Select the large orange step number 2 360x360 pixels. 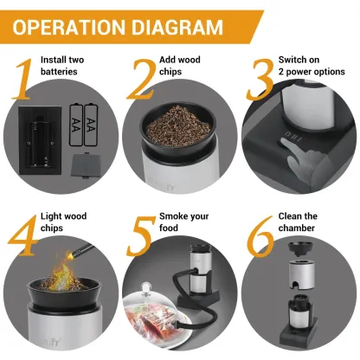(139, 78)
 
